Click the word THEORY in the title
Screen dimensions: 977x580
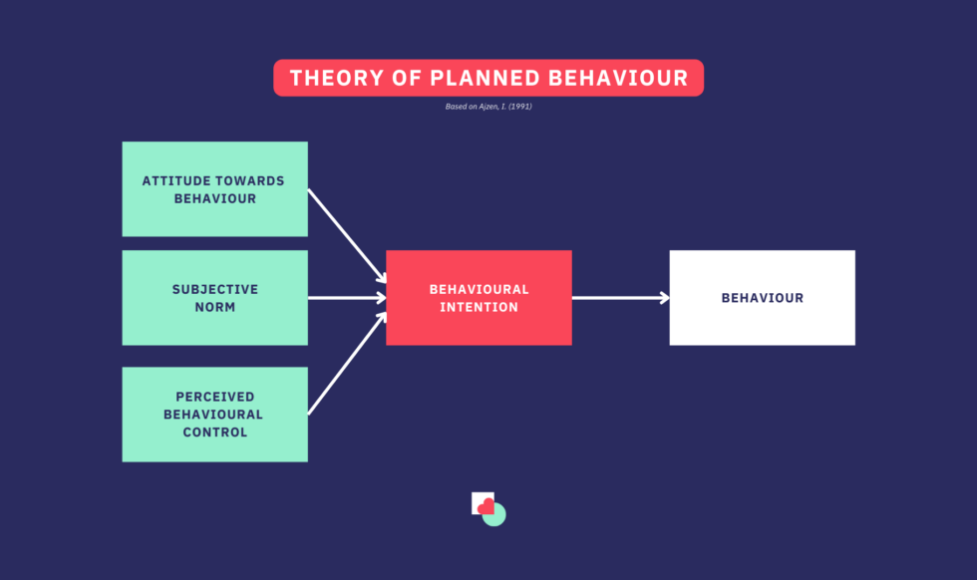click(x=337, y=78)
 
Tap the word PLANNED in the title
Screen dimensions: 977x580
click(x=485, y=78)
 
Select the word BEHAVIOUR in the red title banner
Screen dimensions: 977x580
click(x=618, y=78)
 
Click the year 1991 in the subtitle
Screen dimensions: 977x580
click(x=520, y=107)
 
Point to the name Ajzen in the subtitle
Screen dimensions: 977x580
click(x=488, y=107)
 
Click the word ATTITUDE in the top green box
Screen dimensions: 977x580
click(x=176, y=180)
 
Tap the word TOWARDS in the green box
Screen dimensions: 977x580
click(x=251, y=180)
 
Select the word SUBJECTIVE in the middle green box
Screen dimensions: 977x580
click(x=215, y=289)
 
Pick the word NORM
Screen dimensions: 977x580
click(x=215, y=307)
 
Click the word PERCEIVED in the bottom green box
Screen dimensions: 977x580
click(x=215, y=397)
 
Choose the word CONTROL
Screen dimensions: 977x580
click(x=215, y=433)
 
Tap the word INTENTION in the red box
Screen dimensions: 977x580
click(x=480, y=307)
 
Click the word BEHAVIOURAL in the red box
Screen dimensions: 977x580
click(x=480, y=289)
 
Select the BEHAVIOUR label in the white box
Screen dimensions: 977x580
click(x=763, y=298)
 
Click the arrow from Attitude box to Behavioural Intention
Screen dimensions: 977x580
click(x=347, y=236)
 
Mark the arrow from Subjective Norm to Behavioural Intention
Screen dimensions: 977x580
click(x=347, y=298)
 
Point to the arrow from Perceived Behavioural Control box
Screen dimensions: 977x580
click(x=347, y=363)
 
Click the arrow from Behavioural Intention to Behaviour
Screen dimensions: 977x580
click(x=620, y=298)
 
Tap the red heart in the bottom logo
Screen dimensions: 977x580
click(x=487, y=506)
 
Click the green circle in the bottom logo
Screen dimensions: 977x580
click(x=497, y=518)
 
